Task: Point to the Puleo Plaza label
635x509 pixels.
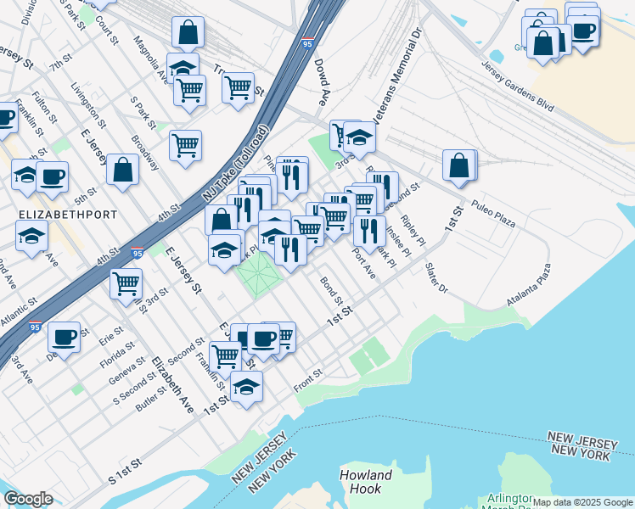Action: click(x=495, y=214)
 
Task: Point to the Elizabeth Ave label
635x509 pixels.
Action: click(x=172, y=384)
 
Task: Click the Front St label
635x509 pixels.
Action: click(x=308, y=375)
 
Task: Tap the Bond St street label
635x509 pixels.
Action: click(x=331, y=289)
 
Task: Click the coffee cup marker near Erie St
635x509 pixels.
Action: click(x=64, y=337)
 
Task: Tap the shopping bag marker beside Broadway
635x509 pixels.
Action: click(x=123, y=169)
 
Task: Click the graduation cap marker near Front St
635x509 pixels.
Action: click(x=246, y=385)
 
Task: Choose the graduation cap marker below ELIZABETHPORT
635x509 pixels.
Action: click(x=32, y=235)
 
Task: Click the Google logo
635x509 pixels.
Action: click(x=28, y=499)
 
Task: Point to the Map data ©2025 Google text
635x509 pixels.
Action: click(x=582, y=502)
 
